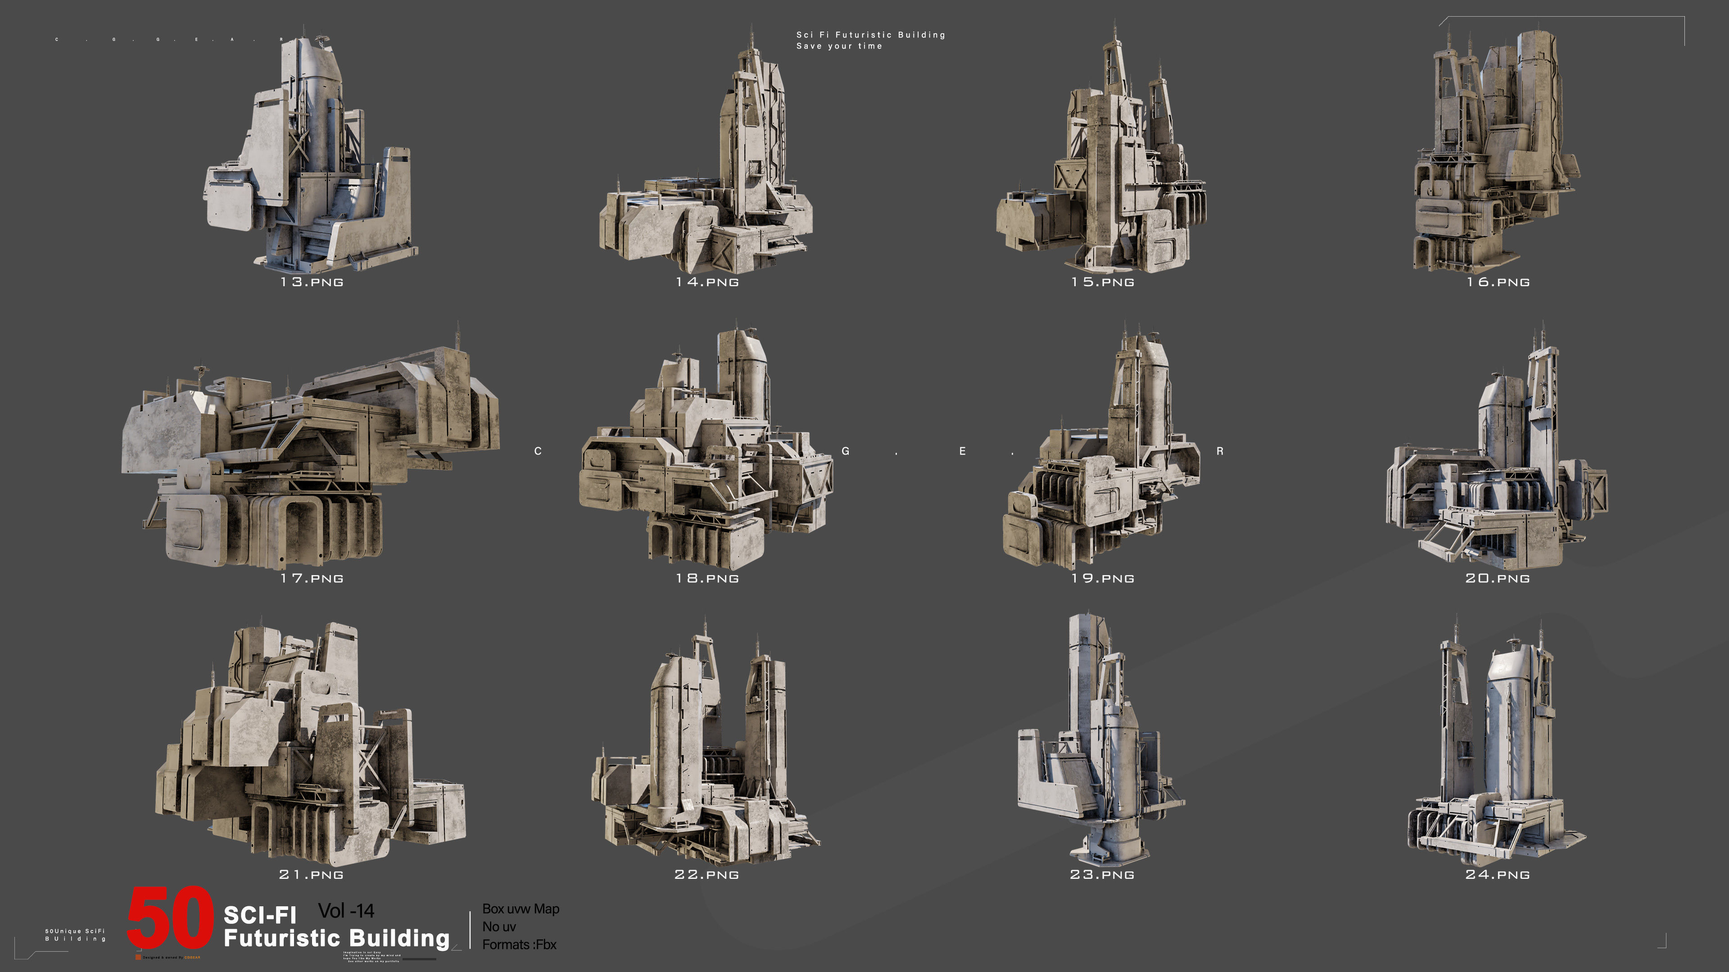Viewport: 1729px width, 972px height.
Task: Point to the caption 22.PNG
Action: click(x=707, y=875)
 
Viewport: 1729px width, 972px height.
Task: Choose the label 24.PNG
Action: click(x=1498, y=875)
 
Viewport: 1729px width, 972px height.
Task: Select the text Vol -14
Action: click(x=346, y=911)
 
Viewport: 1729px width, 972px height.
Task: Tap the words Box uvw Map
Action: click(x=520, y=909)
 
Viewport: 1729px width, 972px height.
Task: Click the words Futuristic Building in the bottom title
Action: click(x=336, y=938)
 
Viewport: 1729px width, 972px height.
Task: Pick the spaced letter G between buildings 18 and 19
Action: click(x=845, y=451)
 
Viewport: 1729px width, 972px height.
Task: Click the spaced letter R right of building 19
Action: click(x=1220, y=451)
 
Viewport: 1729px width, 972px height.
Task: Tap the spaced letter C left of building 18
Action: click(x=538, y=451)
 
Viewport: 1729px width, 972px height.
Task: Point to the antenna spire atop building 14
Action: click(x=751, y=37)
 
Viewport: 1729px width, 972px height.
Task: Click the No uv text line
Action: click(x=499, y=927)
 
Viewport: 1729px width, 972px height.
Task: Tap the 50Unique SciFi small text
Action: click(x=75, y=931)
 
